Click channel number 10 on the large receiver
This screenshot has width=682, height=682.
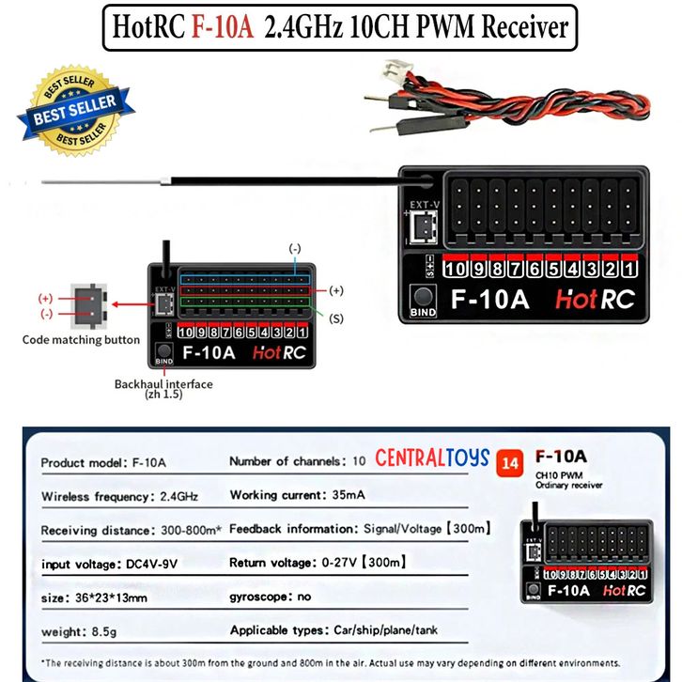(456, 270)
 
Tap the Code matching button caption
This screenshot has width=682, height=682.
(81, 339)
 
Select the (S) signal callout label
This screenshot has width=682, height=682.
(336, 318)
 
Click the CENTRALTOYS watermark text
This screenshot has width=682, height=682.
(432, 458)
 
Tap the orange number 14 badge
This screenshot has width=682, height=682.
(511, 461)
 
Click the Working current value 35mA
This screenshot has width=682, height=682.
(351, 494)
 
